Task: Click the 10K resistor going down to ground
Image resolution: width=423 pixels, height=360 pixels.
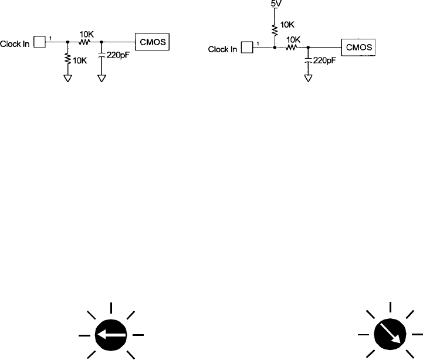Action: point(68,59)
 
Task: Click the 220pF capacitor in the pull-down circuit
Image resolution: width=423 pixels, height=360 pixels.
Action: point(102,55)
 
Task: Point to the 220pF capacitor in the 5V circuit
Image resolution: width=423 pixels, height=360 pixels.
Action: point(308,60)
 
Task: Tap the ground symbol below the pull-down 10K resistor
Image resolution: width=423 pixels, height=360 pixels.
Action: point(68,78)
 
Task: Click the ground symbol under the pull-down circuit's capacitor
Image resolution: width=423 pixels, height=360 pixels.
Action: point(102,78)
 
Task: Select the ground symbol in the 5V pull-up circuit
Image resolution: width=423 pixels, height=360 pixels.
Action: point(308,76)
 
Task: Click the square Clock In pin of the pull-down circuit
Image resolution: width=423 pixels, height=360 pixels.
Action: point(40,42)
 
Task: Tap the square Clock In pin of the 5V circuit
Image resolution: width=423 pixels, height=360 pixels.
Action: point(246,48)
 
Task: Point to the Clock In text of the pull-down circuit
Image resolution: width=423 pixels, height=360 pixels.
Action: point(15,43)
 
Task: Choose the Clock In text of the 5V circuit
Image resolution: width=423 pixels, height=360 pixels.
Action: point(222,49)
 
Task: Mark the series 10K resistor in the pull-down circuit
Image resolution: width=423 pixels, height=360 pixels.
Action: point(85,42)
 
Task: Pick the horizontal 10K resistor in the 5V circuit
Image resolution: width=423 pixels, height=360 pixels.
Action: point(291,47)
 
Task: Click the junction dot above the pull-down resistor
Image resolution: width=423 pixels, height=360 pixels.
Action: point(68,42)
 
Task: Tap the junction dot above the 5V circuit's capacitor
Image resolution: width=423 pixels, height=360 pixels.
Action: point(308,47)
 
